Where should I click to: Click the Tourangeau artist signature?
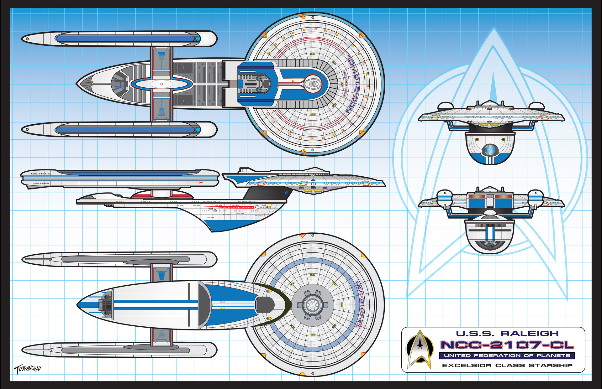click(x=28, y=370)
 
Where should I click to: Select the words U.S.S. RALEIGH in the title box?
click(x=507, y=334)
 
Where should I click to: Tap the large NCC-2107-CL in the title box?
click(x=507, y=345)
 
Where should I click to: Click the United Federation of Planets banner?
click(x=507, y=355)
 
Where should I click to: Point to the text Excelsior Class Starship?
click(x=507, y=365)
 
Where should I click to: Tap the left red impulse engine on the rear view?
click(x=477, y=196)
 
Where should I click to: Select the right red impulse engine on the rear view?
click(x=503, y=196)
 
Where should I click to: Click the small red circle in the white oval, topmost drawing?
click(x=161, y=84)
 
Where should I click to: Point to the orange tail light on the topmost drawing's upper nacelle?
click(x=27, y=39)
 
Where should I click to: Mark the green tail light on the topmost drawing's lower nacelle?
click(x=27, y=129)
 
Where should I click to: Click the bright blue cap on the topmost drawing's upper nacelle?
click(x=198, y=39)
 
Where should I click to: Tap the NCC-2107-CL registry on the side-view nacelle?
click(x=41, y=174)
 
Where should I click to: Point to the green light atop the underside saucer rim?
click(x=313, y=235)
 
